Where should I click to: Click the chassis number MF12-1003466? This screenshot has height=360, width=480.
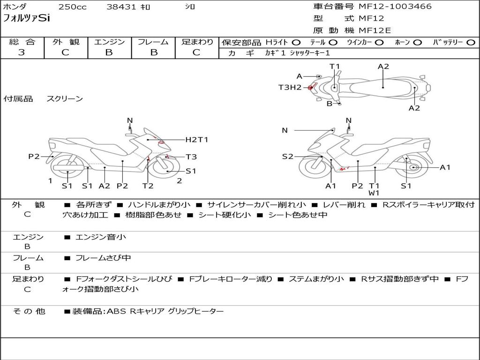click(x=395, y=7)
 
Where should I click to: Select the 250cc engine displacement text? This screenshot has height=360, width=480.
click(x=73, y=7)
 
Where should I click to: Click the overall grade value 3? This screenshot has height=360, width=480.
click(x=22, y=52)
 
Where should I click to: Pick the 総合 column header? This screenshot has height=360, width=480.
click(x=22, y=42)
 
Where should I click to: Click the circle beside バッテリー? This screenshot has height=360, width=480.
click(x=471, y=43)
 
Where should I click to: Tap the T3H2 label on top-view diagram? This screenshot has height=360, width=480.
click(x=290, y=88)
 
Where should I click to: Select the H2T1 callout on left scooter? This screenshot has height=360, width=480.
click(x=197, y=140)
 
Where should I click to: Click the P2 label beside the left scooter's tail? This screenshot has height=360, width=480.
click(x=34, y=157)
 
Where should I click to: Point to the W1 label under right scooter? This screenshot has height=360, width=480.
click(x=374, y=193)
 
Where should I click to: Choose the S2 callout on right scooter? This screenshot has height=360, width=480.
click(x=287, y=157)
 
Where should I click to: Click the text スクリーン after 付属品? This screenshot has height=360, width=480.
click(x=65, y=98)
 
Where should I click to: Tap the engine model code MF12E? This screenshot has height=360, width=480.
click(x=375, y=30)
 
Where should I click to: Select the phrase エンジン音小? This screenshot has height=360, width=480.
click(x=100, y=237)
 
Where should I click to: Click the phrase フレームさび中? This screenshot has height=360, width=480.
click(x=103, y=258)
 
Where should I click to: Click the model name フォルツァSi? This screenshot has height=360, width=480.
click(x=26, y=18)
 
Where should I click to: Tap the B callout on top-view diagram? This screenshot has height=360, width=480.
click(x=330, y=104)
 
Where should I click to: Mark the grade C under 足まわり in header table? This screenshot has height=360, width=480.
click(x=196, y=52)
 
